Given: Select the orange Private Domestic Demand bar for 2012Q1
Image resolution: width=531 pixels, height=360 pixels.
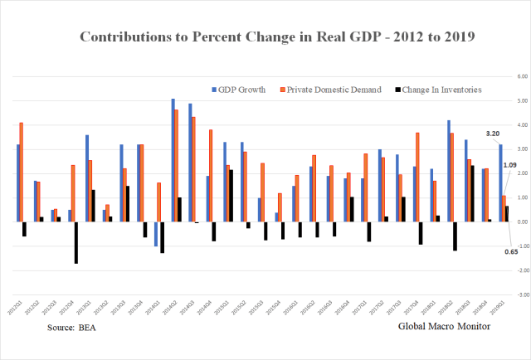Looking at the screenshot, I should [x=21, y=172].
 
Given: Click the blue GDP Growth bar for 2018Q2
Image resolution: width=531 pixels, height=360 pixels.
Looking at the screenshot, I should [x=449, y=171].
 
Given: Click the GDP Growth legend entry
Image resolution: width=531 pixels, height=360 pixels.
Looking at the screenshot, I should [x=239, y=89].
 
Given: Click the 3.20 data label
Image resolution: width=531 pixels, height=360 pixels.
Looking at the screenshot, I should [x=493, y=133].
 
